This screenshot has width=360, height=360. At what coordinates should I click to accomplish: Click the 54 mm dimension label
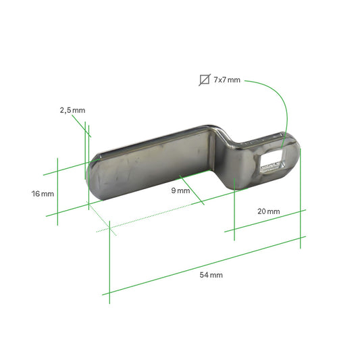pyautogui.click(x=211, y=275)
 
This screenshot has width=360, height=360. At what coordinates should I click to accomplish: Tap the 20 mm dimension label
pyautogui.click(x=268, y=211)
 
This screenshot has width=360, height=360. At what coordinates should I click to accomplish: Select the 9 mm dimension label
pyautogui.click(x=180, y=190)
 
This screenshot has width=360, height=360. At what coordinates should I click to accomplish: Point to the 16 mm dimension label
pyautogui.click(x=43, y=194)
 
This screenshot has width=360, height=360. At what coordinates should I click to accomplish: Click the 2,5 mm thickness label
pyautogui.click(x=72, y=109)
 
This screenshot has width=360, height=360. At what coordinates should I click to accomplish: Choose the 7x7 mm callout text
pyautogui.click(x=226, y=80)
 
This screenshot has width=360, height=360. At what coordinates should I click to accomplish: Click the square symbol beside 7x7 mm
pyautogui.click(x=204, y=80)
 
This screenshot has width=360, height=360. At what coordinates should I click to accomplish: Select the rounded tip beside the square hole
pyautogui.click(x=293, y=155)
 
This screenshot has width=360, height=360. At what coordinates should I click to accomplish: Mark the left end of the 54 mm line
pyautogui.click(x=109, y=293)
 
